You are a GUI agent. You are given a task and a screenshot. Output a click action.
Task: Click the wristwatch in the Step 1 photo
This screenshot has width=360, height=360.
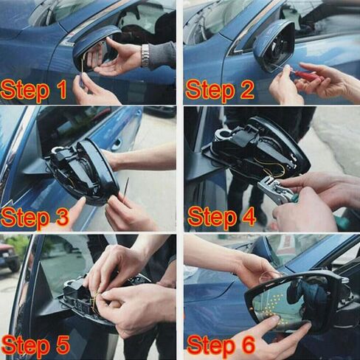coord(145,56)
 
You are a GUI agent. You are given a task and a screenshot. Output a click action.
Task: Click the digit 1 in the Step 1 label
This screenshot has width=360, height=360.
coord(62,90)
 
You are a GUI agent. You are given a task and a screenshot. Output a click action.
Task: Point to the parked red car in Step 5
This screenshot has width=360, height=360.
coord(9,256)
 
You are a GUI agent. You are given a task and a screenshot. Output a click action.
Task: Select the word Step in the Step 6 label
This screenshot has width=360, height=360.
coord(210,346)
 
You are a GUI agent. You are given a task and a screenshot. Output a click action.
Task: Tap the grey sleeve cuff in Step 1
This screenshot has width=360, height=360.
coord(162,55)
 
